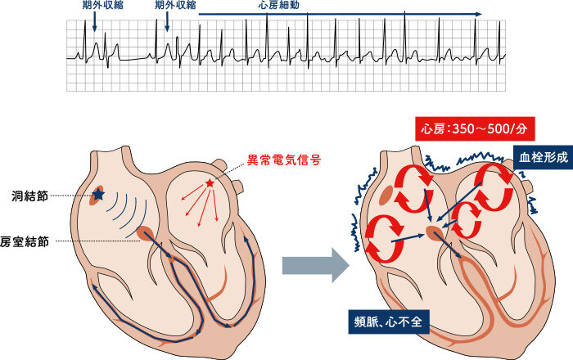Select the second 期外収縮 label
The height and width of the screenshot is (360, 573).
tap(175, 6)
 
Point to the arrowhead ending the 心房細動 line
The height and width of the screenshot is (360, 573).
tap(479, 14)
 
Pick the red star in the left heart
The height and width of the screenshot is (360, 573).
tap(210, 183)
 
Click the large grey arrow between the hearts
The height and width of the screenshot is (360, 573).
tap(314, 265)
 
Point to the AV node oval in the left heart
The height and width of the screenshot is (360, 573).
tap(146, 234)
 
